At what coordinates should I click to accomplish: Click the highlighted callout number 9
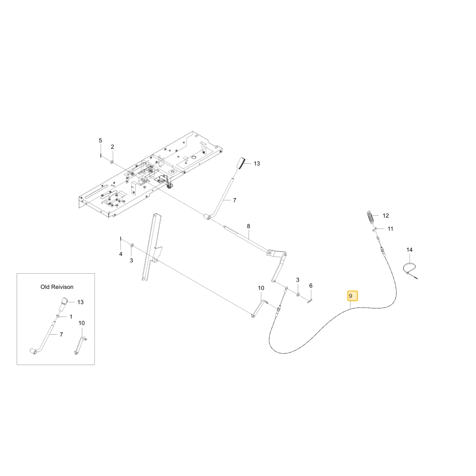352,296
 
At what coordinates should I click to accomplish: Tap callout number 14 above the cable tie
409,250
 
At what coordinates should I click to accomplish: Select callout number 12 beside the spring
386,216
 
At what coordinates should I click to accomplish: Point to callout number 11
390,229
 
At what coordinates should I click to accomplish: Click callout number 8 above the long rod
248,226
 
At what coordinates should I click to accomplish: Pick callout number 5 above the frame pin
100,140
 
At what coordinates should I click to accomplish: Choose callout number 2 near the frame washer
112,147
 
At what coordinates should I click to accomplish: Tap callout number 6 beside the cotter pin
310,286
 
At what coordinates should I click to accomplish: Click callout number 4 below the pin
121,254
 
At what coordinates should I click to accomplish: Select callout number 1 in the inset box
71,317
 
